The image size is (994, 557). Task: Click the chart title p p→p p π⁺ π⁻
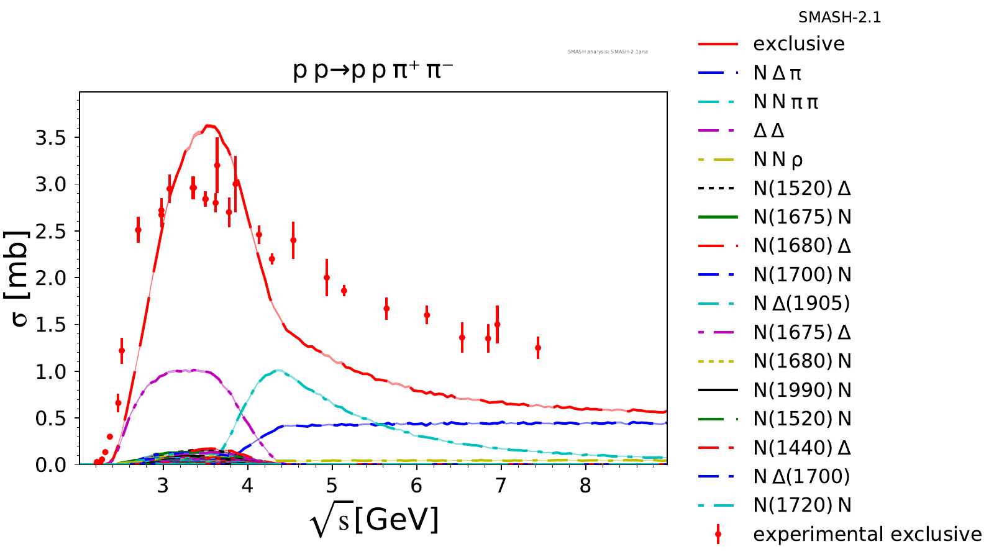pos(373,71)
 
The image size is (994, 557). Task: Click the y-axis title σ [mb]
pos(19,278)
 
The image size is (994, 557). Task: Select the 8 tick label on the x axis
pos(585,485)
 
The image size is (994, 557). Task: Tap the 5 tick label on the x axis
pos(332,485)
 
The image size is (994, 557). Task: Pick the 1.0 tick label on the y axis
pos(50,371)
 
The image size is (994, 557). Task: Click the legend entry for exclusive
pos(799,44)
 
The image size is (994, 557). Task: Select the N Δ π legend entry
pos(777,73)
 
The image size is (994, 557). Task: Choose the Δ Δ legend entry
pos(768,131)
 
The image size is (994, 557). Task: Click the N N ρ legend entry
pos(778,160)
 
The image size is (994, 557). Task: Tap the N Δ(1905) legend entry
pos(801,304)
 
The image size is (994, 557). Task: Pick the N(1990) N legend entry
pos(802,390)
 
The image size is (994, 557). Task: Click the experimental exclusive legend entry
pos(867,534)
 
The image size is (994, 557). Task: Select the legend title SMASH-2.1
pos(839,17)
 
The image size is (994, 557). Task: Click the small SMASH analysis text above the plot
pos(608,52)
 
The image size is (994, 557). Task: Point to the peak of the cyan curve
pos(278,371)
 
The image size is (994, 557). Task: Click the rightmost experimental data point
pos(538,348)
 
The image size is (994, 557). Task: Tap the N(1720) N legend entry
pos(802,505)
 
